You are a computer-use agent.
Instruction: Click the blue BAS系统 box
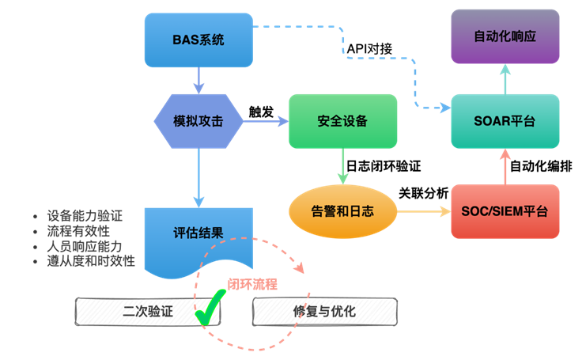198,40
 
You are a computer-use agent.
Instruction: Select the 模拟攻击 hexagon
198,121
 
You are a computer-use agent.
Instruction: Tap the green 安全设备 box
342,121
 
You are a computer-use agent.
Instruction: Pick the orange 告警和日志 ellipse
342,211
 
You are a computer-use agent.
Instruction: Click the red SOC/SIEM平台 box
505,211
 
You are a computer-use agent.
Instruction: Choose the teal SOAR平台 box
505,121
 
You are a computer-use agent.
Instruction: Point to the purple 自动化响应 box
505,37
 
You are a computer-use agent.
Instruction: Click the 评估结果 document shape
198,235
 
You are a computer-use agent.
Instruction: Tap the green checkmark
209,309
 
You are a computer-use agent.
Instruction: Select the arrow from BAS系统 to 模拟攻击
198,80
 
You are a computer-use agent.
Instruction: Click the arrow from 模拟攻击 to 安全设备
265,121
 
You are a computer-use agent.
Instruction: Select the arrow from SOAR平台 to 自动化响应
505,79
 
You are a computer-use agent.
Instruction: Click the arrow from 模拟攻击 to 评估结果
198,178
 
